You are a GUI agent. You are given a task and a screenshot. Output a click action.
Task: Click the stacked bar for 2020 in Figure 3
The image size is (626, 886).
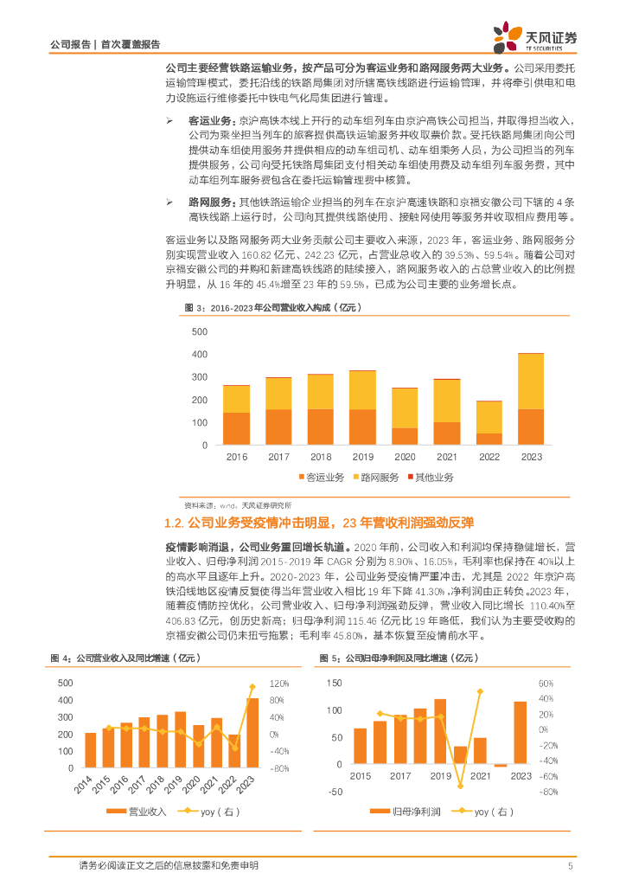[404, 416]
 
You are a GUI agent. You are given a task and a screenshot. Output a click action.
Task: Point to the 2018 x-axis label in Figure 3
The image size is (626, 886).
[320, 457]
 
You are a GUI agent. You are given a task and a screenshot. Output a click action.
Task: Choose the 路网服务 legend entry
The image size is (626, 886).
[374, 478]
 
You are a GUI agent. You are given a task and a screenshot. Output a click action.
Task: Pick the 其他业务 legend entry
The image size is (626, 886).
[428, 478]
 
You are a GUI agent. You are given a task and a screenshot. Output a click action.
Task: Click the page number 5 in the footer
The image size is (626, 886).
[570, 865]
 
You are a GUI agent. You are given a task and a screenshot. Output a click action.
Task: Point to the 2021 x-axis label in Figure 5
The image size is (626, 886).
[480, 777]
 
